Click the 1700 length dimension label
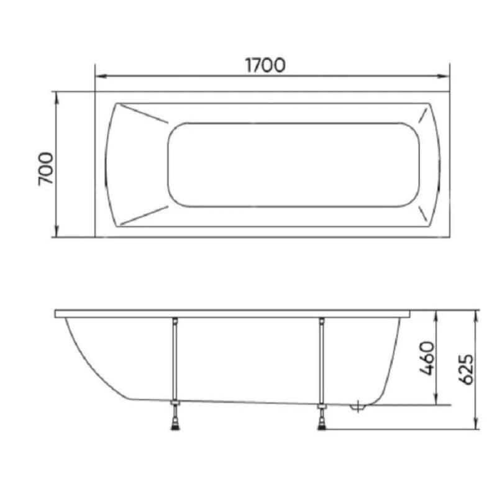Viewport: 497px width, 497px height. point(265,65)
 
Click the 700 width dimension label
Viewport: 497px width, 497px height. point(46,168)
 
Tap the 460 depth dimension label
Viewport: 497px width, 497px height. point(427,358)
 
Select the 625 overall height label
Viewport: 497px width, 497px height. point(467,370)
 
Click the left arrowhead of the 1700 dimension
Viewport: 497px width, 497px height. point(100,76)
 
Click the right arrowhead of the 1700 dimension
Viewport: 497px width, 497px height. point(444,76)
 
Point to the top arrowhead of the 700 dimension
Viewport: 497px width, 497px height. point(57,98)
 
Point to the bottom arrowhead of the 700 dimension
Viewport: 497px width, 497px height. point(57,232)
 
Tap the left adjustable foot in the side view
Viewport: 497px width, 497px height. point(175,415)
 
